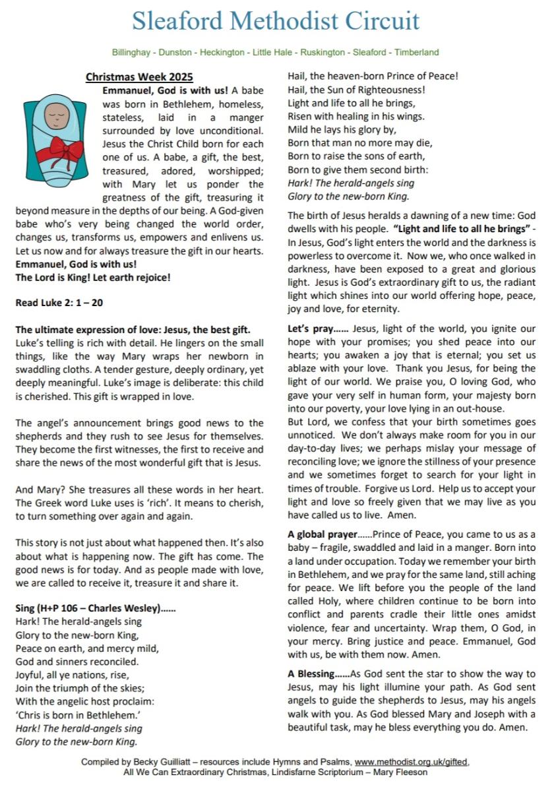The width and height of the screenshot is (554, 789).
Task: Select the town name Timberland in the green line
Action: tap(417, 52)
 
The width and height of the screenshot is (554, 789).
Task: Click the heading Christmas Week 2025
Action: tap(139, 77)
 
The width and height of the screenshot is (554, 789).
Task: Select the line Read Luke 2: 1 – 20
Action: tap(59, 303)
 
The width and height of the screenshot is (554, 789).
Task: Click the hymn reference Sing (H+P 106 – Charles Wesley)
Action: tap(95, 608)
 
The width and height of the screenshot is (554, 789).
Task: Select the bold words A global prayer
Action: tap(322, 534)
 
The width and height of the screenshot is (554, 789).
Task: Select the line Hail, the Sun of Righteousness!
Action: tap(356, 89)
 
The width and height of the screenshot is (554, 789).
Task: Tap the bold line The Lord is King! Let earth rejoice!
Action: tap(93, 277)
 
